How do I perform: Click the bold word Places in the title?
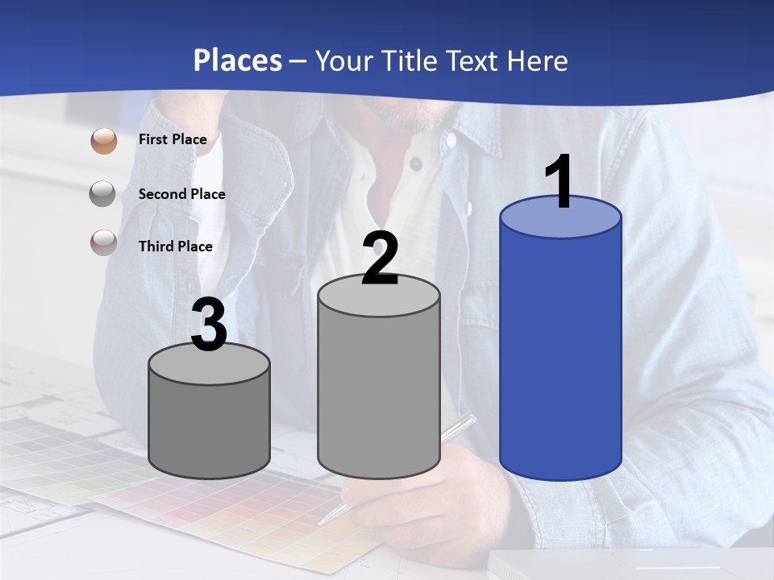[238, 60]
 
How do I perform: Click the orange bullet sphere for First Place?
[104, 141]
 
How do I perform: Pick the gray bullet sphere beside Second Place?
[104, 194]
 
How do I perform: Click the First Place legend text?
[173, 139]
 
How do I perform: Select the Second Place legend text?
[181, 193]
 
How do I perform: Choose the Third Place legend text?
[175, 246]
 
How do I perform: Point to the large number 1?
[559, 182]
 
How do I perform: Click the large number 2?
[380, 258]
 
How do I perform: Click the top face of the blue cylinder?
[560, 222]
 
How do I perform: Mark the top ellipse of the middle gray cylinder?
[379, 299]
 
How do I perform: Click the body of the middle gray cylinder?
[379, 395]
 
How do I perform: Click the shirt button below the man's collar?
[416, 164]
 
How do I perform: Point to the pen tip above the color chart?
[322, 522]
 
